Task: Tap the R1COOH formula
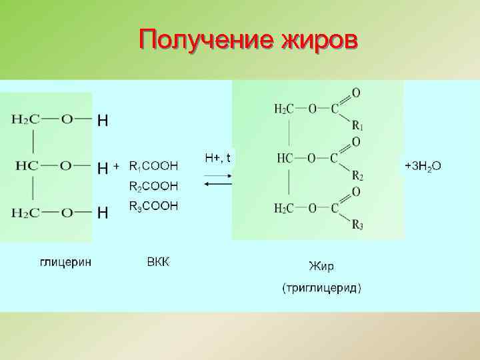point(153,165)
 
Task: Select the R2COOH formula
point(153,185)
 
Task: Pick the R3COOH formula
point(153,207)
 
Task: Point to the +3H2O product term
point(423,165)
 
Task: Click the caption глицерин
point(65,261)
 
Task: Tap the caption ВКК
point(158,261)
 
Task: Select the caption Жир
point(321,267)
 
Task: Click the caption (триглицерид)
point(322,289)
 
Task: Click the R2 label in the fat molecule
point(358,176)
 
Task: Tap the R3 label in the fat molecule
point(358,225)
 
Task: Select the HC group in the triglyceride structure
point(285,158)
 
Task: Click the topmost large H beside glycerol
point(103,121)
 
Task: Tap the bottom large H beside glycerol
point(103,213)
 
